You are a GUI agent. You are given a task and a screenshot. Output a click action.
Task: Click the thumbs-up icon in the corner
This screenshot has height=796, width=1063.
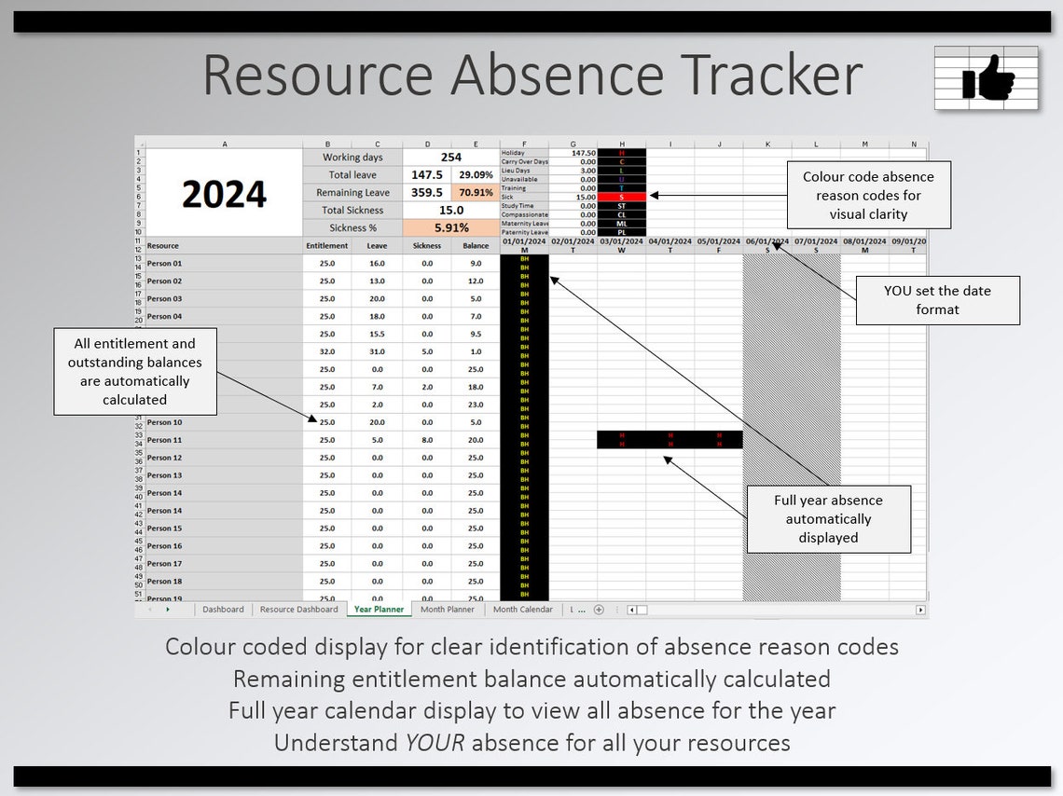(987, 78)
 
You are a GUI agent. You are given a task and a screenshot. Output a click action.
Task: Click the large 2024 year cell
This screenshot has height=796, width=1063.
(224, 194)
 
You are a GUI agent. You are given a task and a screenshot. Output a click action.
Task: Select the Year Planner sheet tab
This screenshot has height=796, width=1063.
(380, 610)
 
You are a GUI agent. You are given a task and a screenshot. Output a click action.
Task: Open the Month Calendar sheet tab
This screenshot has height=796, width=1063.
(522, 610)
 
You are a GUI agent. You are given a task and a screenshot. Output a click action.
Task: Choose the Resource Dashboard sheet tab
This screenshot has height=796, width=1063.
(298, 610)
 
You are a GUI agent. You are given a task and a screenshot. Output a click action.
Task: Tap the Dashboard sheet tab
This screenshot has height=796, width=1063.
(223, 610)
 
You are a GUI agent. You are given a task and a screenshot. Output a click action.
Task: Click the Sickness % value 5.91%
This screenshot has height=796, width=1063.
(451, 227)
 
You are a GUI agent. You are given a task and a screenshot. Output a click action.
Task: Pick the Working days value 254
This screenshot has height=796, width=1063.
(451, 158)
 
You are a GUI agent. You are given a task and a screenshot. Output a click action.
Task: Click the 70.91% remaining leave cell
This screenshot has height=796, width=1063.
(476, 193)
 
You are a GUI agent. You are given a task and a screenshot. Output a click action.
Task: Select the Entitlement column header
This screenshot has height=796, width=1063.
(326, 246)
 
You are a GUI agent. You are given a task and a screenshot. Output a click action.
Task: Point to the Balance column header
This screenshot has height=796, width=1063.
(476, 246)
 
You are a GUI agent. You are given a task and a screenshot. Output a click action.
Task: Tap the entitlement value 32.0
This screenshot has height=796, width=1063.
(326, 351)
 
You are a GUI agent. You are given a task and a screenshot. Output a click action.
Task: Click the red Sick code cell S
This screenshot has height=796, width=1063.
(621, 197)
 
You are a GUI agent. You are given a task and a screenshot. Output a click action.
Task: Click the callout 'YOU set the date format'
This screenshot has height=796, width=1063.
(937, 299)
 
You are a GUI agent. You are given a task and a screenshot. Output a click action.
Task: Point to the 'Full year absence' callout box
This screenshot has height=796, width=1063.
(828, 518)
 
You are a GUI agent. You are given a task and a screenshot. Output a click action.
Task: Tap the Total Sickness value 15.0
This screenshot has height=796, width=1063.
(451, 211)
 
